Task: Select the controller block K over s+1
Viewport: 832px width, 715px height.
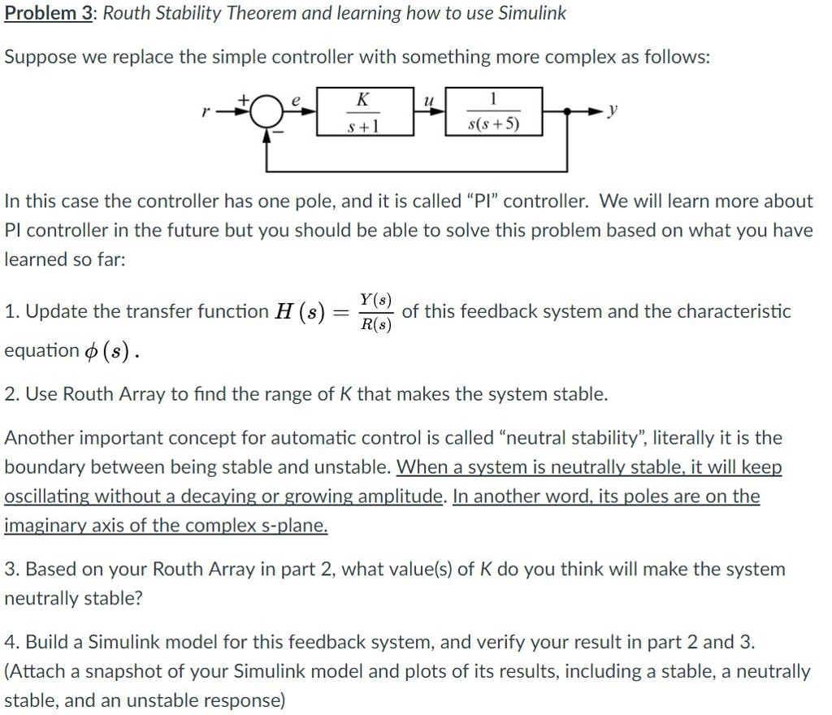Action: click(x=362, y=112)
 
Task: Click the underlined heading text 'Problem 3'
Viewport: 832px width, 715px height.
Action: click(x=47, y=14)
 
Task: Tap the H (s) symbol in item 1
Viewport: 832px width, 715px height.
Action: click(x=300, y=312)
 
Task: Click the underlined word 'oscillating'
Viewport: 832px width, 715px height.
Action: click(x=45, y=496)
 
